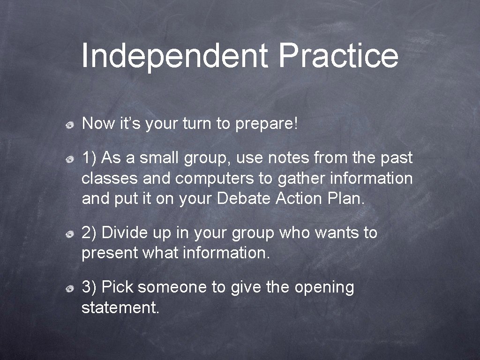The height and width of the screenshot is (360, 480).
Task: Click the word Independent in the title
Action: tap(174, 55)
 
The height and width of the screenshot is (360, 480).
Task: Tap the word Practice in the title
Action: tap(338, 55)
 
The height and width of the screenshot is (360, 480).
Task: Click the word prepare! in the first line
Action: tap(267, 124)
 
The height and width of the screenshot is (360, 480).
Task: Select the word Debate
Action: tap(244, 199)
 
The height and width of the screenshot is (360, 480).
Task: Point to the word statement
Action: tap(120, 307)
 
